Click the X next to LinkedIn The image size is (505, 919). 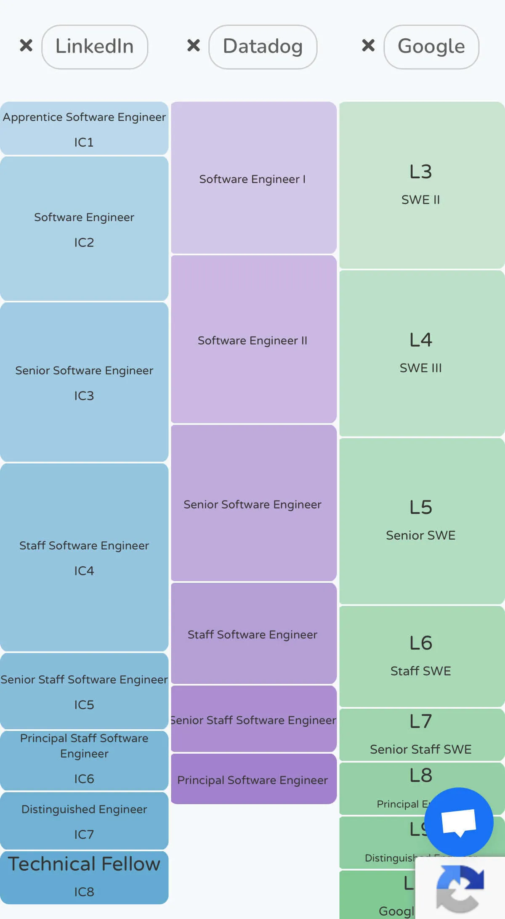(26, 45)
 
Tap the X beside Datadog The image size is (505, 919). (194, 45)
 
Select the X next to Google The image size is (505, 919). (368, 45)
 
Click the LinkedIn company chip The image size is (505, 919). (95, 47)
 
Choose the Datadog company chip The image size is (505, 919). (263, 47)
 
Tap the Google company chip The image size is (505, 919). (431, 47)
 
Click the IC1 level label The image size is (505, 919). (84, 143)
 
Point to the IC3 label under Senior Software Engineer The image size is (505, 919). (84, 396)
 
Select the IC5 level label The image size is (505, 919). (84, 705)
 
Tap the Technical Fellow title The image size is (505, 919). (84, 864)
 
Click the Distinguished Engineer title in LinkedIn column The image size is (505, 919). (84, 809)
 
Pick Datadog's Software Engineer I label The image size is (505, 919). (252, 179)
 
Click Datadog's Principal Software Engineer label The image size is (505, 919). (252, 780)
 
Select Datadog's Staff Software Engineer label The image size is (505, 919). (252, 635)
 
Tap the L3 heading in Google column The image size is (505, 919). (421, 172)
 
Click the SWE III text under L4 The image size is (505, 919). (421, 368)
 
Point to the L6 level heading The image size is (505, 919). (421, 643)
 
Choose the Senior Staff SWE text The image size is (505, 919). (421, 749)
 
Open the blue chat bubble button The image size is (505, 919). (459, 822)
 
